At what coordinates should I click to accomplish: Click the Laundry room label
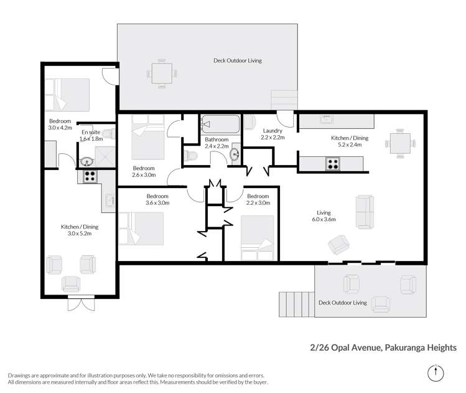tap(272, 131)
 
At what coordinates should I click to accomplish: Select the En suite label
tap(90, 132)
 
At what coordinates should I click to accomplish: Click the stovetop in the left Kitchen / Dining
tap(90, 176)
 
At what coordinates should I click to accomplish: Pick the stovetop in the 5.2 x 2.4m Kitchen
tap(332, 164)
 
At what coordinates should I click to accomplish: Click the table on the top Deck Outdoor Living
tap(162, 74)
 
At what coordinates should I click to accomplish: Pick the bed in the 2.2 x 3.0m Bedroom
tap(257, 237)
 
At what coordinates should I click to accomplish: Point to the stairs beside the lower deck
tap(297, 304)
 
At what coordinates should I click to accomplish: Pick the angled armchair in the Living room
tap(339, 244)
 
